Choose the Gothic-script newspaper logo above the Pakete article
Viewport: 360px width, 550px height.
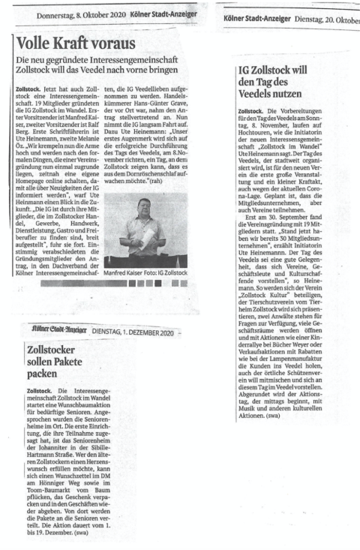click(x=52, y=332)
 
